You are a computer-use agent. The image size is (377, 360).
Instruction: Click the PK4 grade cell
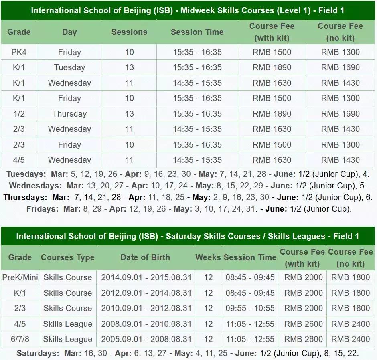click(19, 52)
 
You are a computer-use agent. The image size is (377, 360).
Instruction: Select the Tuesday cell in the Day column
click(69, 67)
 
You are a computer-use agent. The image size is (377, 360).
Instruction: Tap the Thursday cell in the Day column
click(69, 114)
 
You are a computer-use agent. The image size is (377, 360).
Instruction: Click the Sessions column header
click(129, 32)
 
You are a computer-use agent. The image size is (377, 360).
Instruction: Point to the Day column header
click(69, 32)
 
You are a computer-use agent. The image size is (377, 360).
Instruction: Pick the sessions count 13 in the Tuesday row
click(129, 67)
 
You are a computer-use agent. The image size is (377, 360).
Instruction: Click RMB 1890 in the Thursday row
click(272, 114)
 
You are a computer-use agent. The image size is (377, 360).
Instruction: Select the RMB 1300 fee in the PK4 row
click(341, 52)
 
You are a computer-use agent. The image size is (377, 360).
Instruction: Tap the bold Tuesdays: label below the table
click(26, 174)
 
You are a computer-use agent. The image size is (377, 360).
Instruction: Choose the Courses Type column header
click(68, 257)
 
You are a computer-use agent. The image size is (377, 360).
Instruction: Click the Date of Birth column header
click(145, 257)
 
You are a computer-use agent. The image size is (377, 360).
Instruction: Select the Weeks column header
click(208, 257)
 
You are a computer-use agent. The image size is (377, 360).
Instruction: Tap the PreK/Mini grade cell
click(19, 277)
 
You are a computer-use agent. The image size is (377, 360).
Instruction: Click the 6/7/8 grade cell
click(19, 339)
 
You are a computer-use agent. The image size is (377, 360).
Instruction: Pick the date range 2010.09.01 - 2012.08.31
click(146, 308)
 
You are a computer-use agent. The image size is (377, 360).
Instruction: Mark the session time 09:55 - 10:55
click(250, 308)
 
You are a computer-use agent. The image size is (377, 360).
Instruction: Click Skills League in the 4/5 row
click(68, 324)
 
